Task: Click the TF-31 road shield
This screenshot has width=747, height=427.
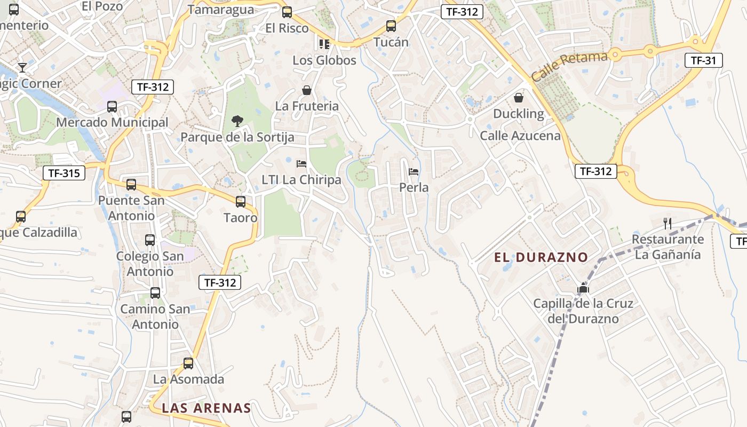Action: pos(703,60)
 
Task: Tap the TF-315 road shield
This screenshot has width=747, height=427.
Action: pos(63,172)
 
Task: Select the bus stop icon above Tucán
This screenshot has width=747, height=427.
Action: pos(391,26)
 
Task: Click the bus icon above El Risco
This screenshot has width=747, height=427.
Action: pos(287,12)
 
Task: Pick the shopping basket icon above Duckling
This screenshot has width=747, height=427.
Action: pos(518,98)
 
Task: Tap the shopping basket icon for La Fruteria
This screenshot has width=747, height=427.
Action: pos(307,90)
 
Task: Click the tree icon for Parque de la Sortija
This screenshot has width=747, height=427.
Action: pos(237,121)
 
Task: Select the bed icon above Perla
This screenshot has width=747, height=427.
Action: pos(414,172)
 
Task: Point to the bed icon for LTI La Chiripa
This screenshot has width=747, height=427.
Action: pos(301,164)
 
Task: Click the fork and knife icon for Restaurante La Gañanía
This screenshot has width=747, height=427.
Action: pos(667,223)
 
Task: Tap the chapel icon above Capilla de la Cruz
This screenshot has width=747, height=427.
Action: pos(583,289)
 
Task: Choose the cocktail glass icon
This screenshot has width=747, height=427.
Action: pos(22,67)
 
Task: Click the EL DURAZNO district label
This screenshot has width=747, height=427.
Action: pos(541,257)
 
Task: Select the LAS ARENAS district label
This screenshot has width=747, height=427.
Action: pos(206,408)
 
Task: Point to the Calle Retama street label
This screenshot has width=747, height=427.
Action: pos(569,66)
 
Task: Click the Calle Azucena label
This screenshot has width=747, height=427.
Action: pos(520,136)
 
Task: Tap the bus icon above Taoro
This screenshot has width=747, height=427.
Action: pos(241,202)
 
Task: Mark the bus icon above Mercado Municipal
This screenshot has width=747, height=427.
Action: pos(112,107)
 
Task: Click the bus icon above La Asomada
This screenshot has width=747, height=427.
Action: pos(188,363)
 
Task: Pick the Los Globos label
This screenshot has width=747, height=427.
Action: pos(324,60)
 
